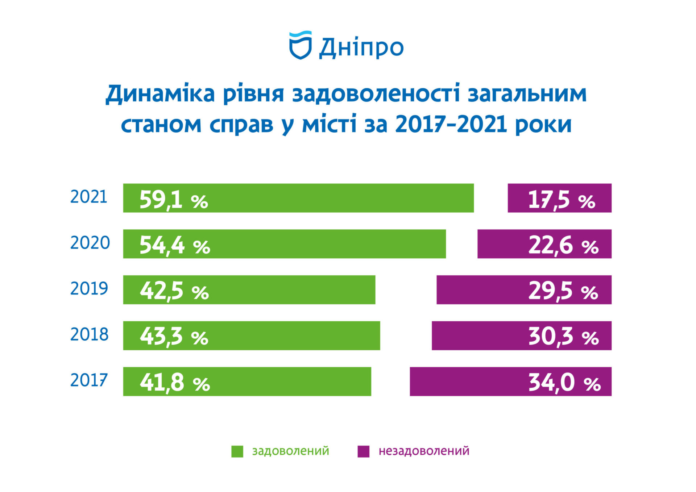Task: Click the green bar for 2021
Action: pos(298,198)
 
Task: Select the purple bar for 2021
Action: pos(559,198)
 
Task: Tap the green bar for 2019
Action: pos(249,289)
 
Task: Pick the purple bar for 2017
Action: pos(510,381)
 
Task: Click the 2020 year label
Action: pos(90,243)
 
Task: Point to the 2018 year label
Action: pos(89,334)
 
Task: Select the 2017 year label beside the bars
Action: pos(88,380)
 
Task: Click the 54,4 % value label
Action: pos(175,245)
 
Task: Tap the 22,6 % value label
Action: pos(563,245)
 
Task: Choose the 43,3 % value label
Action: pos(174,337)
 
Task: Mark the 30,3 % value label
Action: pos(563,337)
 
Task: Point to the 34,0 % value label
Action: pos(564,383)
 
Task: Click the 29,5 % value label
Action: pos(563,291)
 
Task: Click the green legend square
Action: pos(237,451)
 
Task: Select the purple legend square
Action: pos(363,451)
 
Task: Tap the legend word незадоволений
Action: pos(424,451)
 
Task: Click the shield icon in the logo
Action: pos(300,45)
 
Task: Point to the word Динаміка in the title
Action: pos(160,94)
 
